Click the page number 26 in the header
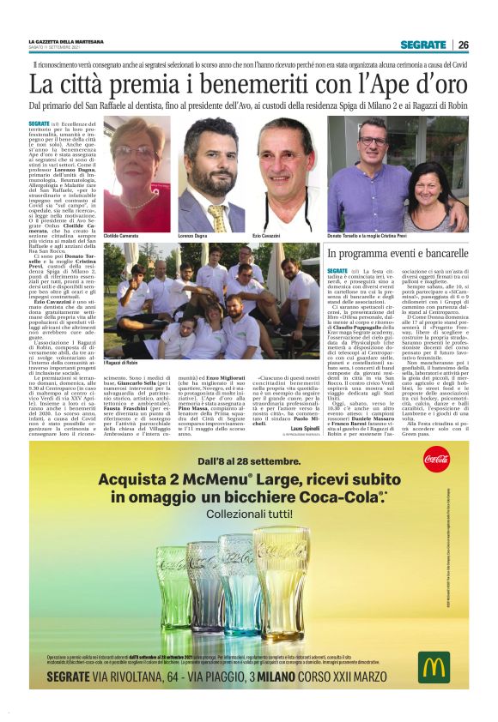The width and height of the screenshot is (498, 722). [463, 45]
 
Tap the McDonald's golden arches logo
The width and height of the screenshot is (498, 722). [434, 667]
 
